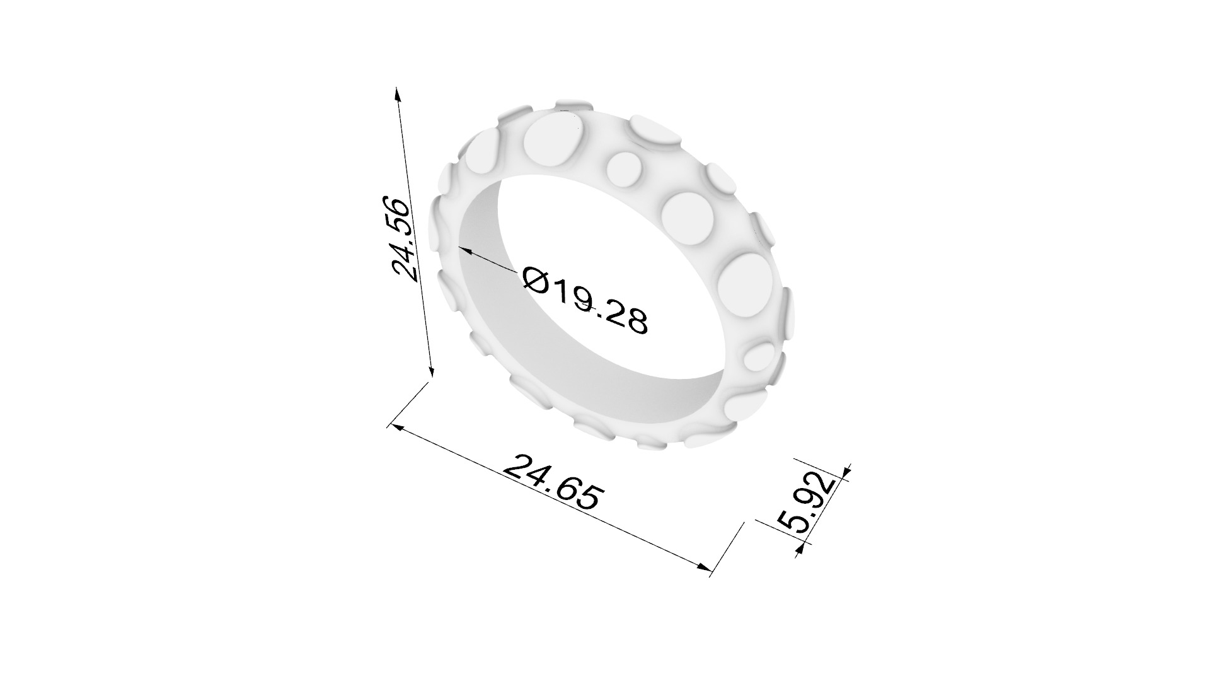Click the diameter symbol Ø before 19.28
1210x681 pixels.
coord(536,279)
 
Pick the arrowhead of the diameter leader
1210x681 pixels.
coord(464,250)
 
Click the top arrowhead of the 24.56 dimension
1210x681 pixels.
coord(397,94)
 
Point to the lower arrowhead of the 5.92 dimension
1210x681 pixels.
coord(800,549)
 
